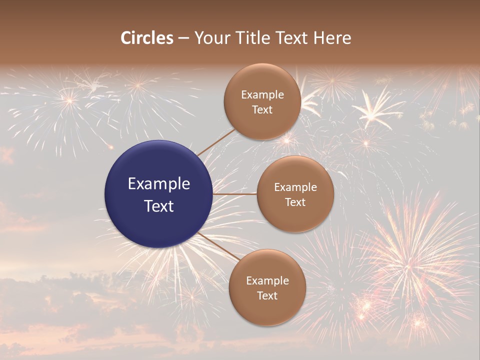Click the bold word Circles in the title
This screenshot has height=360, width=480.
(147, 38)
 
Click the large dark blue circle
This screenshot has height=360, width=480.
(158, 194)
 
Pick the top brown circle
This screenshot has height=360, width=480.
(262, 101)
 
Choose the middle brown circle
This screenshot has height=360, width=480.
(295, 194)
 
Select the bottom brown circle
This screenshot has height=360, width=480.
(267, 287)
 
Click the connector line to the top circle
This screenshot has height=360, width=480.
(216, 142)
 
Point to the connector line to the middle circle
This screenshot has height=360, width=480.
(235, 194)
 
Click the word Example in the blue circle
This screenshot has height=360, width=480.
(158, 183)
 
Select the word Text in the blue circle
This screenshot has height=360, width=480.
(158, 206)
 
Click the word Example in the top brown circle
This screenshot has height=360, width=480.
(262, 94)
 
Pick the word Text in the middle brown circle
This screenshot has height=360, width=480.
(295, 202)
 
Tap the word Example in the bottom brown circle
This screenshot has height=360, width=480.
(267, 280)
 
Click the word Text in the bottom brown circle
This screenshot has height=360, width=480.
(267, 295)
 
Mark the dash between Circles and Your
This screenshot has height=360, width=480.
(183, 38)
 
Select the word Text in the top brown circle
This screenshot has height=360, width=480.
(262, 109)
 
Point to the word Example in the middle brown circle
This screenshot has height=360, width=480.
(295, 187)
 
